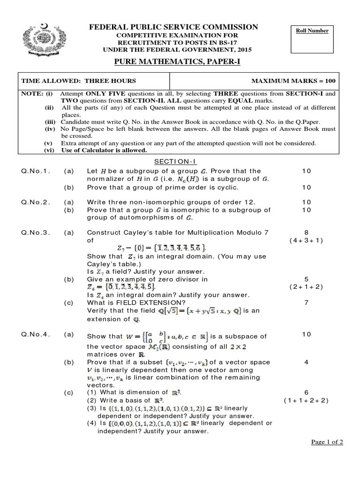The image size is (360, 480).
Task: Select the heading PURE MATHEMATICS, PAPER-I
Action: (x=177, y=62)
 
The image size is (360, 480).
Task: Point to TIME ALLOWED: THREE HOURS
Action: (x=79, y=81)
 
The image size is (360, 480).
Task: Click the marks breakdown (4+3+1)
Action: (x=306, y=240)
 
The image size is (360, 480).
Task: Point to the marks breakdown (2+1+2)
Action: (x=306, y=287)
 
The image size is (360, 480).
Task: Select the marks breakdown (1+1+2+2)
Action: (x=306, y=400)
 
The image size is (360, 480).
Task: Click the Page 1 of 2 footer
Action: (x=327, y=442)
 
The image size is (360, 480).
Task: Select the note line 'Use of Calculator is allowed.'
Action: (x=105, y=150)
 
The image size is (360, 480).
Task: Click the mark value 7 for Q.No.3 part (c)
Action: (x=306, y=302)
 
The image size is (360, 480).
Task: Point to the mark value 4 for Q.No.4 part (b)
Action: (x=306, y=362)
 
